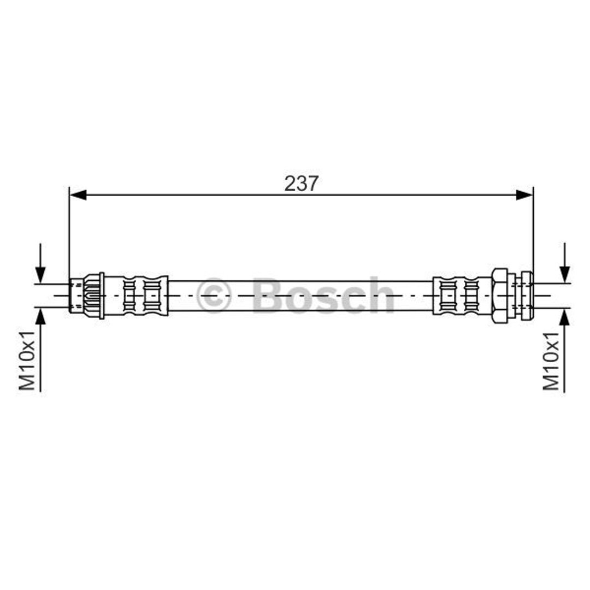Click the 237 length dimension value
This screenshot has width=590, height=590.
pyautogui.click(x=302, y=184)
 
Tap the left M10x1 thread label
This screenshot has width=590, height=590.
pyautogui.click(x=27, y=360)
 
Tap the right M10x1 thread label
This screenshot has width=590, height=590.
pyautogui.click(x=551, y=360)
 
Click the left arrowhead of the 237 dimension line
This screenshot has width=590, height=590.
pyautogui.click(x=78, y=195)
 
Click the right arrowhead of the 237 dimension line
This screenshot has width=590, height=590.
pyautogui.click(x=524, y=195)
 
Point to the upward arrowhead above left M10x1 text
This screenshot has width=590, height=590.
pyautogui.click(x=40, y=316)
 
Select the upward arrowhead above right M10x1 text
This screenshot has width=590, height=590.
pyautogui.click(x=564, y=316)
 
